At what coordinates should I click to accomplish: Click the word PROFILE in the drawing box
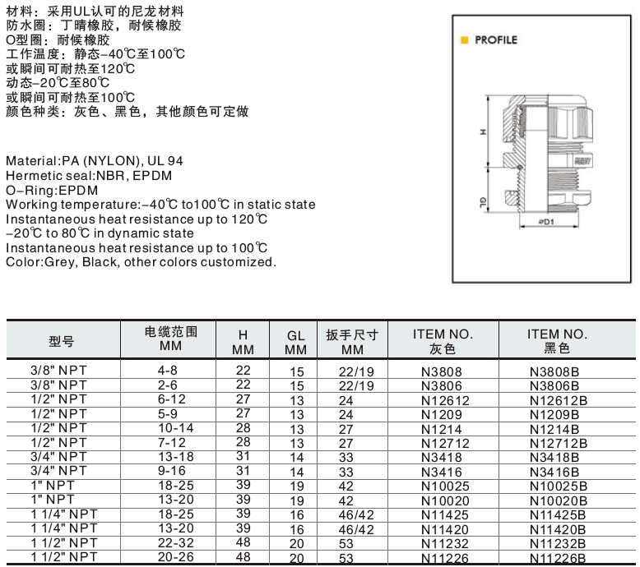pyautogui.click(x=496, y=39)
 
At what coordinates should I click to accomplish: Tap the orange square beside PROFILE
pyautogui.click(x=465, y=39)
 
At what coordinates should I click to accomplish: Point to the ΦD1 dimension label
pyautogui.click(x=545, y=221)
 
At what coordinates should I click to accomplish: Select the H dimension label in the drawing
pyautogui.click(x=484, y=131)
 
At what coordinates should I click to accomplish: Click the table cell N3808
pyautogui.click(x=442, y=371)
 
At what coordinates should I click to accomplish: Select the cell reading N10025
pyautogui.click(x=442, y=486)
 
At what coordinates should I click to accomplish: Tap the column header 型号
pyautogui.click(x=61, y=340)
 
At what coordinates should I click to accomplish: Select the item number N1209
pyautogui.click(x=442, y=414)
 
